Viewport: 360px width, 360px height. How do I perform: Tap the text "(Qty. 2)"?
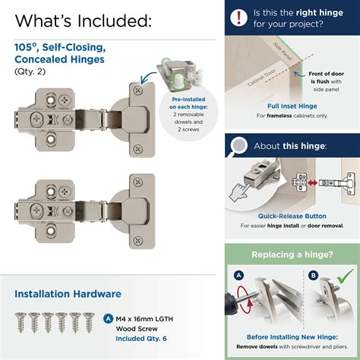tap(31, 71)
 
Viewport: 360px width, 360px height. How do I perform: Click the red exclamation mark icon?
tap(241, 16)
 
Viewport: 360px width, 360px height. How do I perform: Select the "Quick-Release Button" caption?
tap(292, 215)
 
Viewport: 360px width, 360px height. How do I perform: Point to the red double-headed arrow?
tap(302, 182)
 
